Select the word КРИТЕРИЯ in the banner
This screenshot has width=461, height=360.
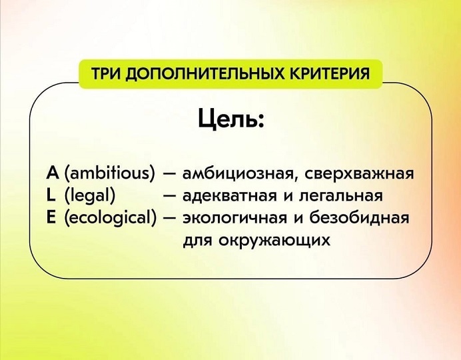(x=329, y=73)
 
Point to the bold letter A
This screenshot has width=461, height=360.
(x=53, y=173)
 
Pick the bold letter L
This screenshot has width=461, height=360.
(x=51, y=195)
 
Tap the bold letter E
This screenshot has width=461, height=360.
(x=51, y=218)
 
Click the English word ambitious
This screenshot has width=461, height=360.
(x=109, y=173)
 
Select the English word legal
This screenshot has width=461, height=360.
(x=89, y=196)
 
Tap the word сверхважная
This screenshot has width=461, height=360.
(x=359, y=175)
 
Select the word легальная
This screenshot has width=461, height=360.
(x=341, y=197)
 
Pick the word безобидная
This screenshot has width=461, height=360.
(x=359, y=219)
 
